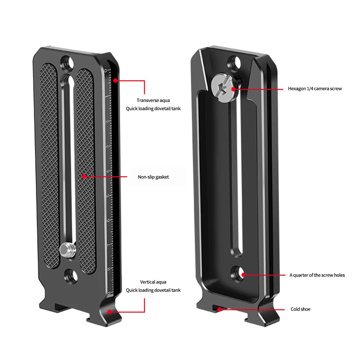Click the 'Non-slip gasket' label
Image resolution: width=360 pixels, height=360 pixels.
[153, 177]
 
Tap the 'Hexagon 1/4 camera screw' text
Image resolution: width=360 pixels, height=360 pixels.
[315, 89]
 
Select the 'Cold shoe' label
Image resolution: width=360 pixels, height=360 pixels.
[300, 309]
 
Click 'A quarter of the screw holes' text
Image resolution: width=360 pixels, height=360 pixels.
[317, 275]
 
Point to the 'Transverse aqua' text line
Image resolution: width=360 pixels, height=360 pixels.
[153, 100]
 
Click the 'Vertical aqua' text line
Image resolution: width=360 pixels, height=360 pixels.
[153, 282]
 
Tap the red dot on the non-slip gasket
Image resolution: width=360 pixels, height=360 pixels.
[84, 177]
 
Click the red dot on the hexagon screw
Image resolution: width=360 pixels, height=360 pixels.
[233, 88]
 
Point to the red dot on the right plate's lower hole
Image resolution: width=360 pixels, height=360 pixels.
[243, 275]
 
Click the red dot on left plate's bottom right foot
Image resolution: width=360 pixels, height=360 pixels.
[111, 312]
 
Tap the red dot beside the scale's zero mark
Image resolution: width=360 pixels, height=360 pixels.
[115, 80]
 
